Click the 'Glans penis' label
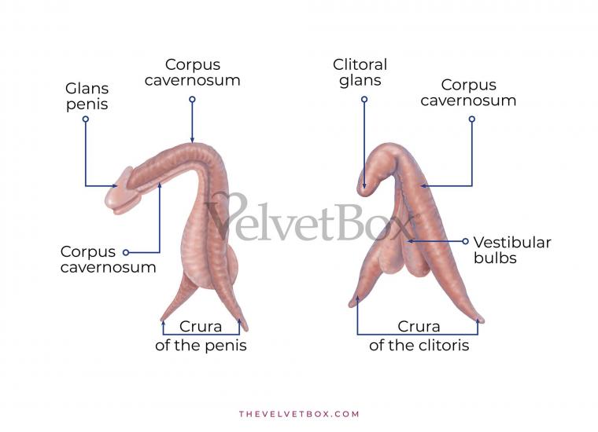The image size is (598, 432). [x=87, y=97]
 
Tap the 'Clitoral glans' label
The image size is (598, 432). [x=360, y=72]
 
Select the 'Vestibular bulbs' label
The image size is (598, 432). [x=512, y=250]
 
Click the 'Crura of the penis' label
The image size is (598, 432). [x=201, y=336]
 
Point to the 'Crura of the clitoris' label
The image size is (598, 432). [x=419, y=336]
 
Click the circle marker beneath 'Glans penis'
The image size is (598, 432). [x=86, y=119]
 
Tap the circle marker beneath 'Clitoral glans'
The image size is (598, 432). [x=364, y=99]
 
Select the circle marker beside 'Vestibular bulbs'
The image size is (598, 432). [x=465, y=241]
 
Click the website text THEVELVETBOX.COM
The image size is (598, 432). [x=299, y=414]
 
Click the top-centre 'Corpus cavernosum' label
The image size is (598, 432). [x=192, y=72]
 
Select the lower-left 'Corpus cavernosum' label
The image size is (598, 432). [x=108, y=259]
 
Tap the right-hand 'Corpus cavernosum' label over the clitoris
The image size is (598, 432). [x=468, y=93]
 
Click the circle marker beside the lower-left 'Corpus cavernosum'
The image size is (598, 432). [x=126, y=252]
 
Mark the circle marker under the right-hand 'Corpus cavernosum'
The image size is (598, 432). [x=472, y=119]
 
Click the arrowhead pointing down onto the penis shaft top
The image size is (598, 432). [x=192, y=141]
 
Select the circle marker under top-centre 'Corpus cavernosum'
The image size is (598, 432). [x=192, y=99]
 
